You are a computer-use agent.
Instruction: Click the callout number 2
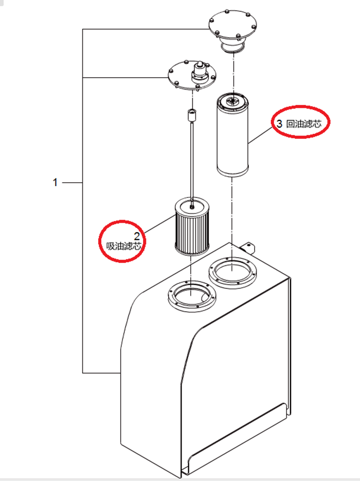(x=137, y=236)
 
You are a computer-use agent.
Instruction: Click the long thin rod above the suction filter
(x=191, y=159)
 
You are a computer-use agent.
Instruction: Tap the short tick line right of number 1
(x=73, y=182)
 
